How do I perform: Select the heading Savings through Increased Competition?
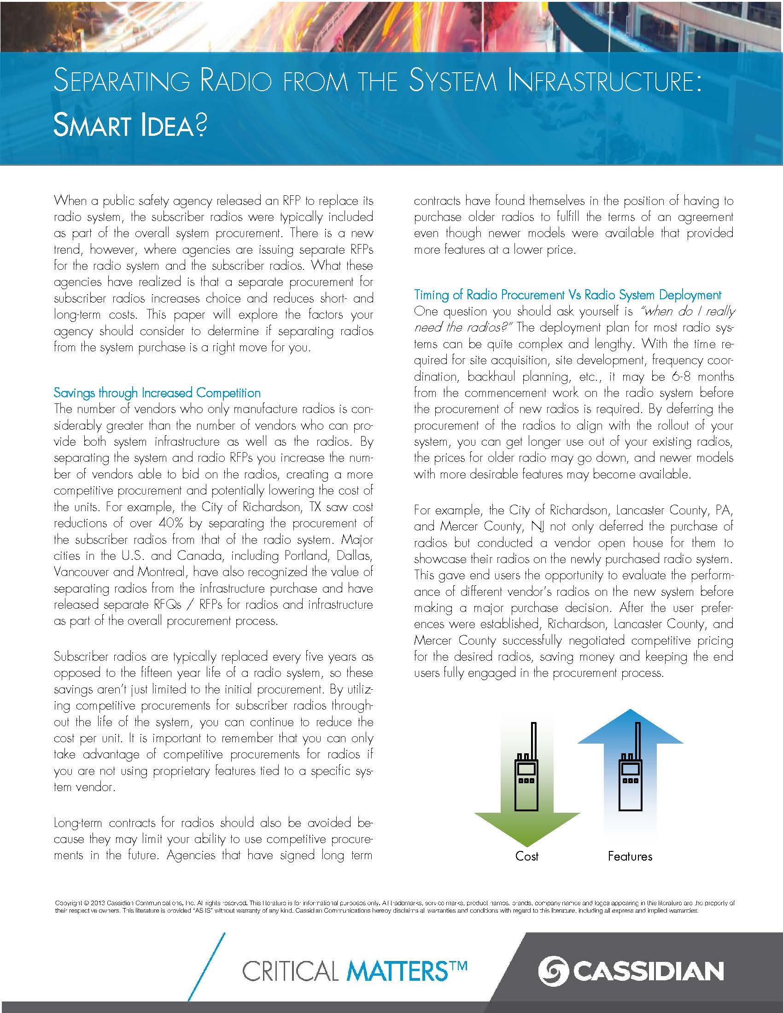click(157, 393)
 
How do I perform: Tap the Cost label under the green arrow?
click(526, 856)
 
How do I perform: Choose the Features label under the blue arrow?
click(630, 856)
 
